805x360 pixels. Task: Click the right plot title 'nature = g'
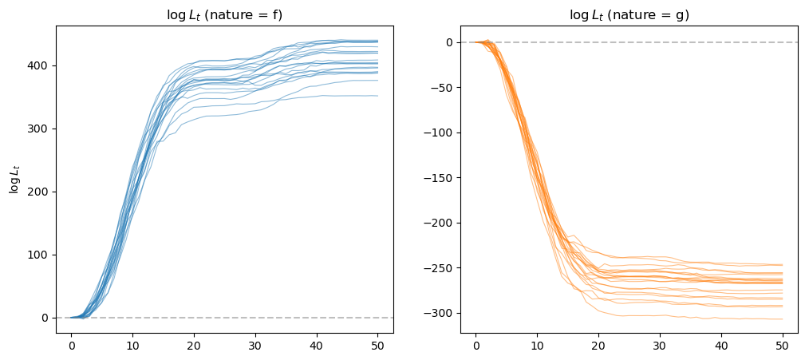(x=629, y=14)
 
